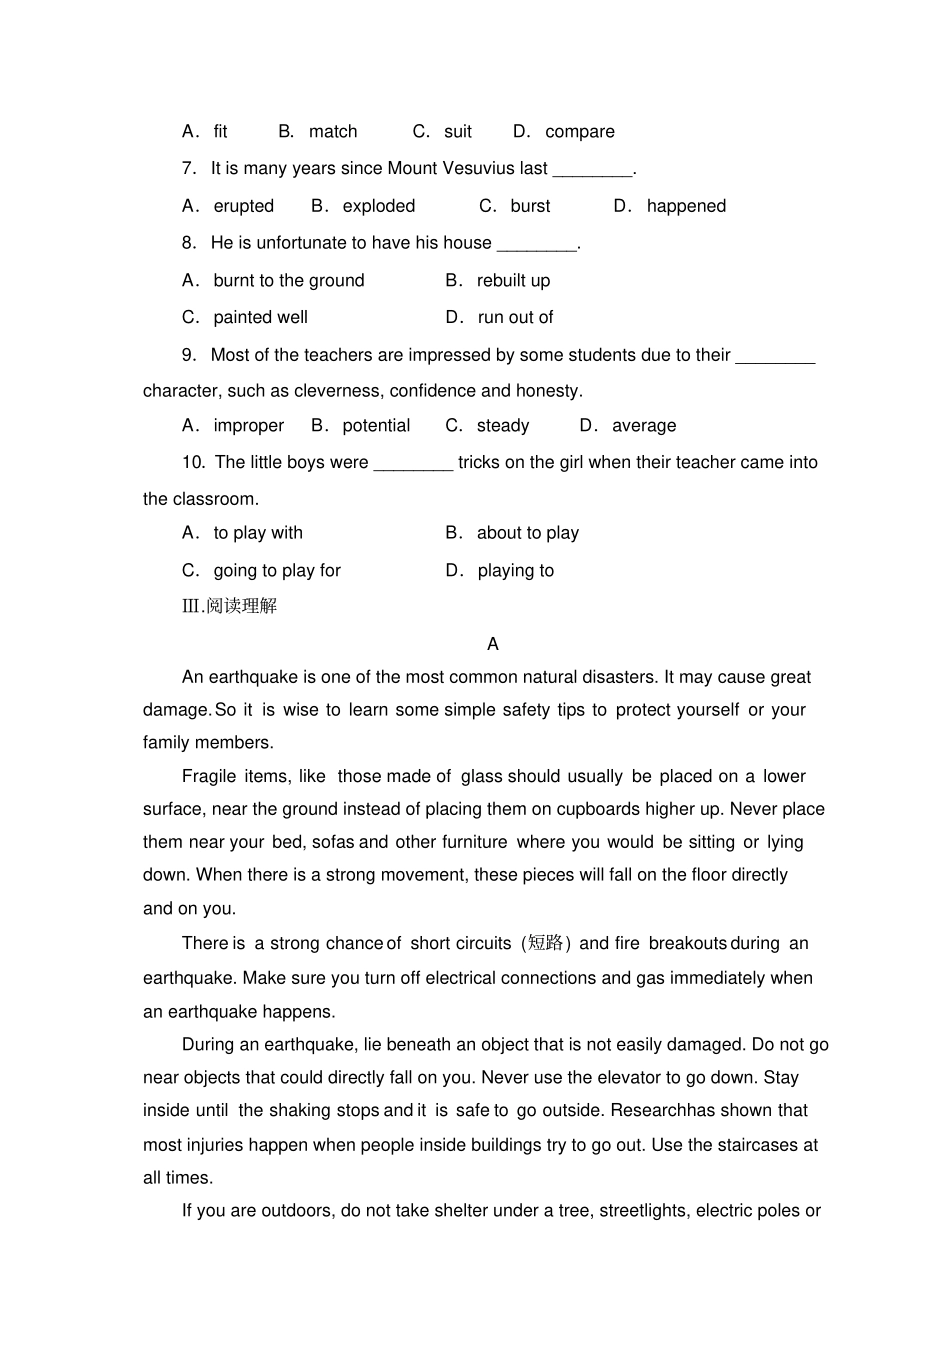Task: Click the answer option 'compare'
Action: [579, 132]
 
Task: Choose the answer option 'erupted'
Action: [243, 206]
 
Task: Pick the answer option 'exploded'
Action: [378, 206]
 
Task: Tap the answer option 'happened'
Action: [686, 206]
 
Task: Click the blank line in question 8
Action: [537, 244]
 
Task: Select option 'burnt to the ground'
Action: [288, 281]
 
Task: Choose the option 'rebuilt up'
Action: [513, 281]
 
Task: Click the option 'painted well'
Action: [260, 317]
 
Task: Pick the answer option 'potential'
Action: [376, 426]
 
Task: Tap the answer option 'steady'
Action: [502, 426]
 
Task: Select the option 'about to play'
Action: [527, 533]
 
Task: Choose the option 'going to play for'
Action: [277, 571]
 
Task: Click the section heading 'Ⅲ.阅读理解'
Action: [229, 606]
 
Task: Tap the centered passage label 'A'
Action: [492, 644]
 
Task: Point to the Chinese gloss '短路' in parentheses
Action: [546, 943]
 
